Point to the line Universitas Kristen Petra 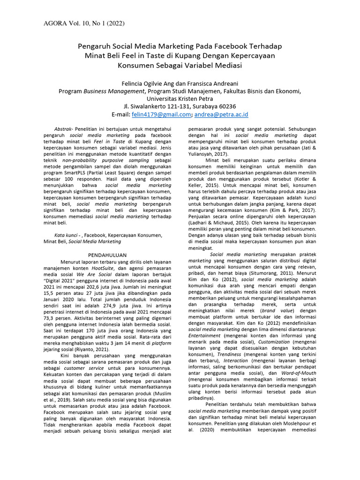180,99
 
